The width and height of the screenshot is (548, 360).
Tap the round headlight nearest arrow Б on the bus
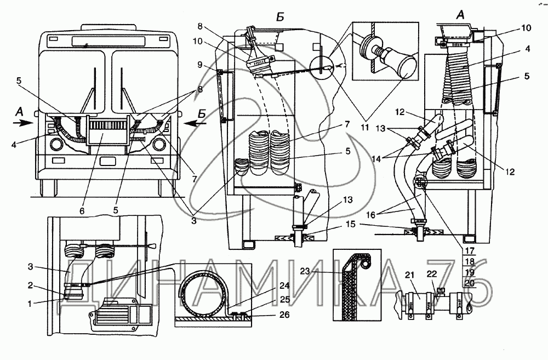(159, 145)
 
